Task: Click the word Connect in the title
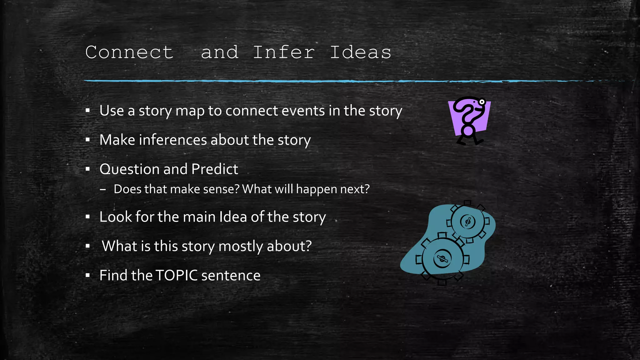(129, 52)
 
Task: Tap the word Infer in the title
(283, 52)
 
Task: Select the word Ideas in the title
(360, 52)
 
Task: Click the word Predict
(215, 169)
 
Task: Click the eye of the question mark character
(482, 102)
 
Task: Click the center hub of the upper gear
(468, 222)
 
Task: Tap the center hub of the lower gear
(442, 259)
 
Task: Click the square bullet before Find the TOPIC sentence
(88, 276)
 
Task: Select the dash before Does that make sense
(103, 189)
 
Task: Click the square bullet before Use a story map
(88, 111)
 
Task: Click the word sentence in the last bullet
(231, 275)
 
